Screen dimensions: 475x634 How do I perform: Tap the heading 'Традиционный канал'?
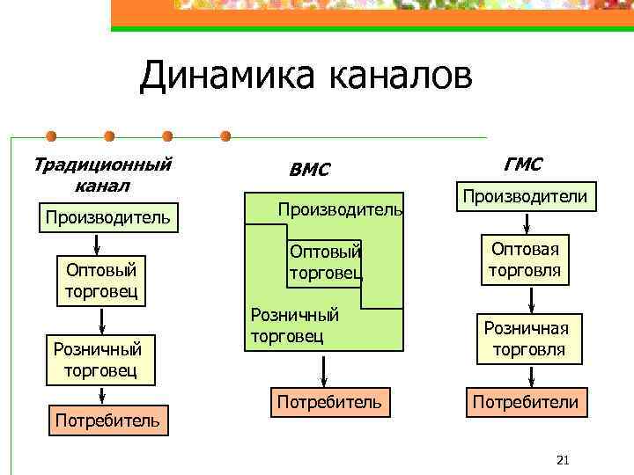[x=102, y=174]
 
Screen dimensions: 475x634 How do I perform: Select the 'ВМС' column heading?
[x=309, y=169]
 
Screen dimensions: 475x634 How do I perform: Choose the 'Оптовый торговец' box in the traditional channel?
[x=101, y=280]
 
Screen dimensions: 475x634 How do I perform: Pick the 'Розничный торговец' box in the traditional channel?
[x=100, y=359]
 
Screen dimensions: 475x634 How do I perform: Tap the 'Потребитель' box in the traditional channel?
[x=107, y=420]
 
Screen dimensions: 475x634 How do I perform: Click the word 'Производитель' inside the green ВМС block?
[x=340, y=209]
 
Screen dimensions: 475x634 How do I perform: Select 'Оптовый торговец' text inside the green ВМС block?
[x=326, y=262]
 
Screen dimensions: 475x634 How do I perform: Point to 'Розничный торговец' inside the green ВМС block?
[x=296, y=324]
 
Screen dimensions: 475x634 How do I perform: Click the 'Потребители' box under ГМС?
[x=526, y=402]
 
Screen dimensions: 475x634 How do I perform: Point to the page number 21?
[x=564, y=460]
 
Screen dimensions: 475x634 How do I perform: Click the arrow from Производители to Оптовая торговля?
[x=531, y=223]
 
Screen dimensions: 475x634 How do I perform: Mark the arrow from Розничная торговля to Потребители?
[x=531, y=377]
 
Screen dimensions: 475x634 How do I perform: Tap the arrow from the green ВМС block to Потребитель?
[x=325, y=369]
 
